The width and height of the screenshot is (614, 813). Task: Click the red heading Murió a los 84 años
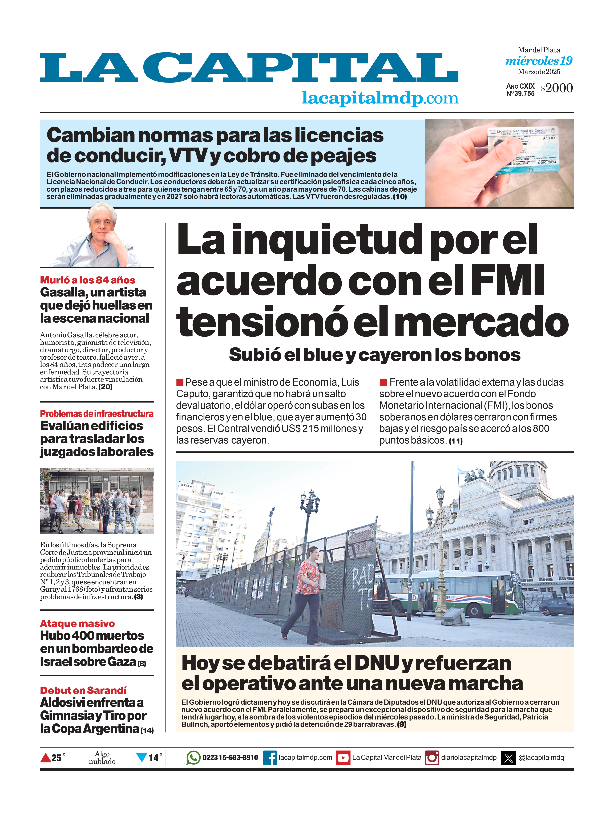87,280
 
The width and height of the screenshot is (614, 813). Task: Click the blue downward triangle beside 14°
141,758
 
